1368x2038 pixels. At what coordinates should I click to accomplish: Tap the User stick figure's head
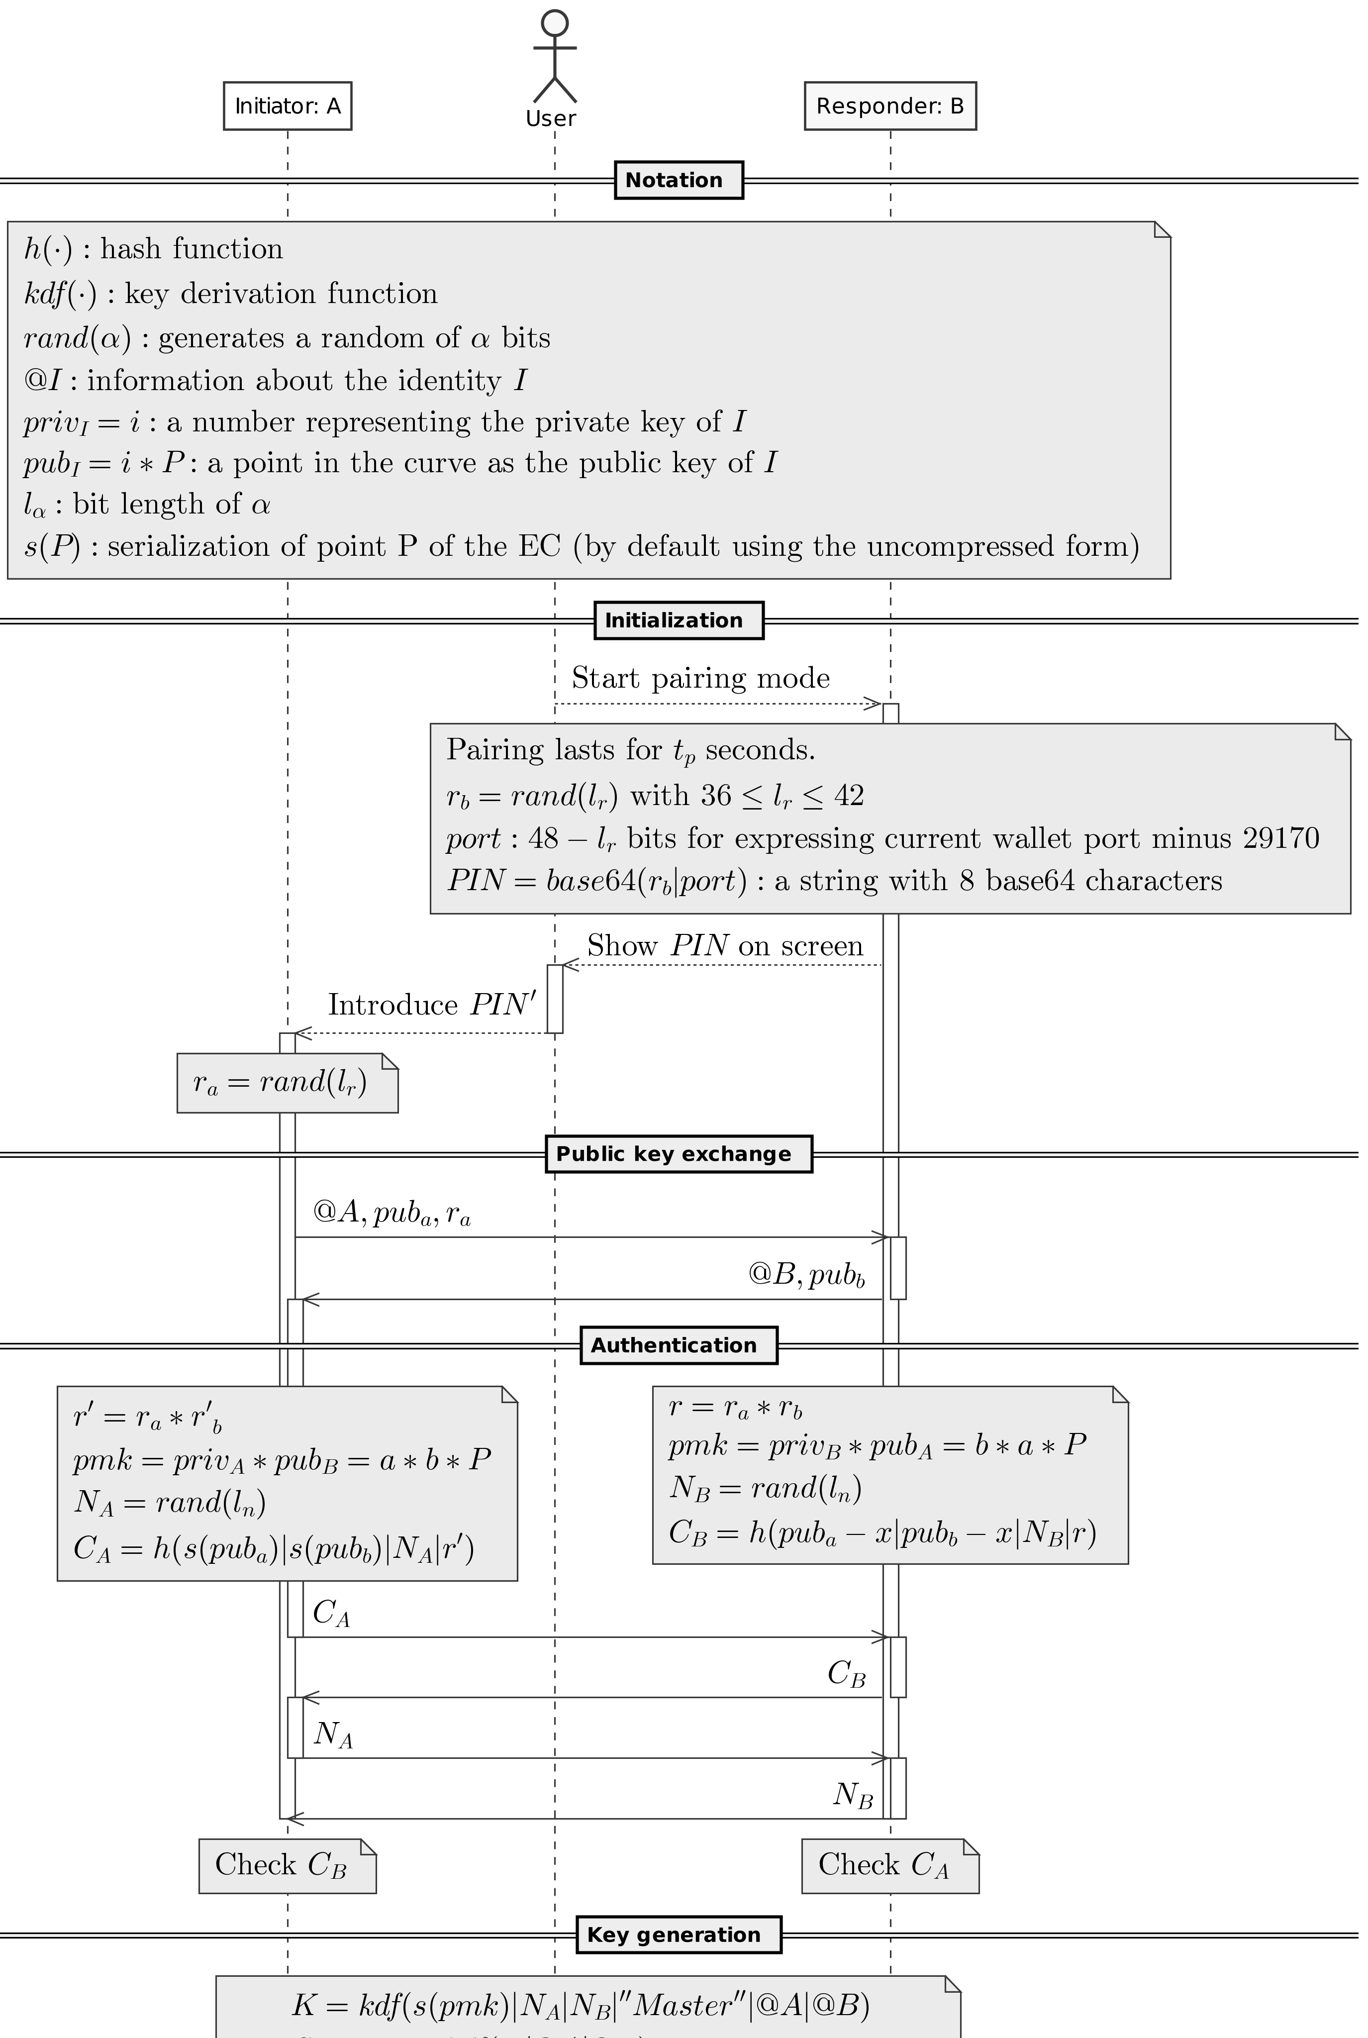[555, 23]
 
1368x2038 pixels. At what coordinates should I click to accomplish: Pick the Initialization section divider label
[678, 620]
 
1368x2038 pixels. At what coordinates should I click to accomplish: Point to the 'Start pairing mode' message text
[700, 678]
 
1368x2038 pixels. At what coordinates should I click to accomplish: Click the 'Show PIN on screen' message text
[724, 946]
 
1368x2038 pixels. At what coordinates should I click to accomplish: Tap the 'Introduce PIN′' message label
[432, 1004]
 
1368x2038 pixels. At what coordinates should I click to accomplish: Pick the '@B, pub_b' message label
[806, 1275]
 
